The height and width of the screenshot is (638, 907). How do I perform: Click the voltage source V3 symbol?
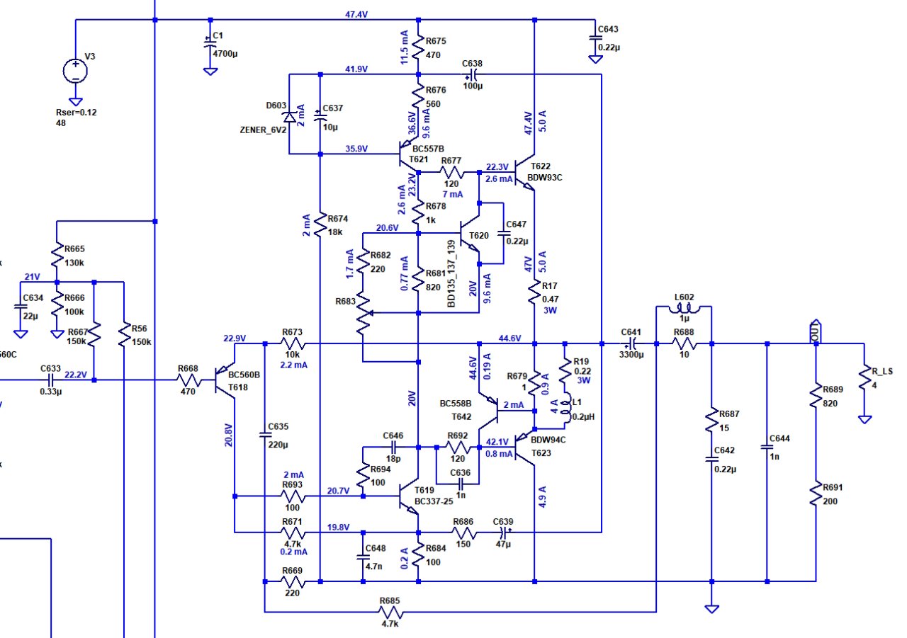point(75,71)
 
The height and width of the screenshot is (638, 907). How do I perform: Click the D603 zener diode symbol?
point(289,118)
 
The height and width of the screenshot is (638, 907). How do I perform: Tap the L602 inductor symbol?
point(685,309)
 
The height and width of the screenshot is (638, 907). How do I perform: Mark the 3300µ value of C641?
point(631,355)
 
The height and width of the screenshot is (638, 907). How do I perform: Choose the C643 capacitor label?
point(608,29)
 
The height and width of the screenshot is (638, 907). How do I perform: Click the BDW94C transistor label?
point(548,440)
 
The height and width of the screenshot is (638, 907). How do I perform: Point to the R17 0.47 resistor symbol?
point(535,294)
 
